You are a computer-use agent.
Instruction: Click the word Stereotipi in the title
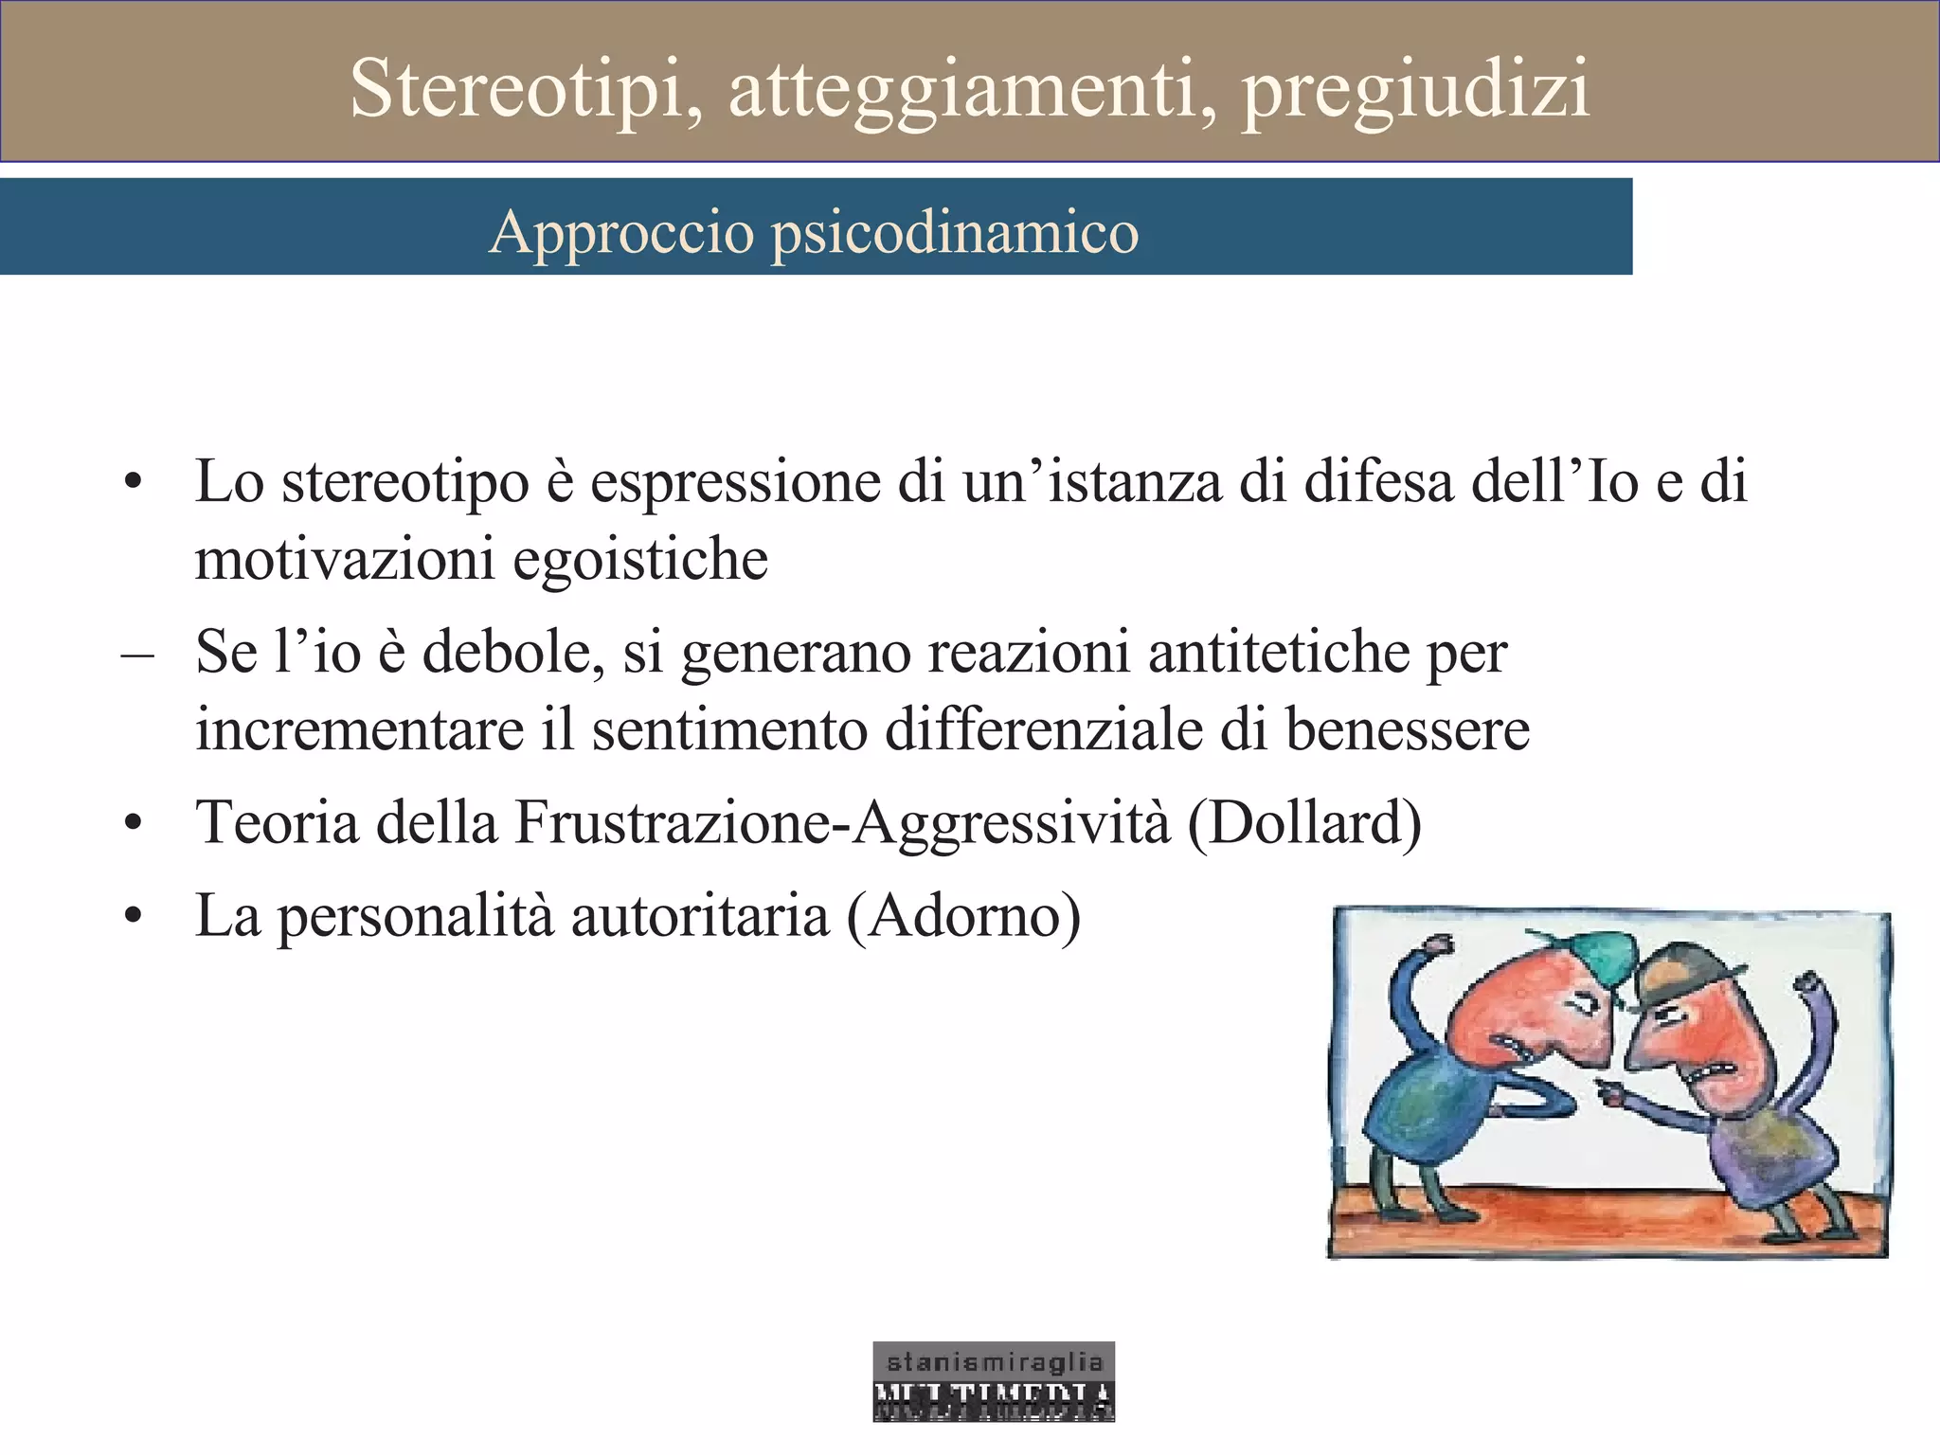pyautogui.click(x=526, y=89)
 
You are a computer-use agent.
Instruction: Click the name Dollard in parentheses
pyautogui.click(x=1304, y=822)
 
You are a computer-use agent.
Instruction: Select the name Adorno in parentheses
pyautogui.click(x=963, y=916)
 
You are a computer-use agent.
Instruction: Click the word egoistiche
pyautogui.click(x=640, y=559)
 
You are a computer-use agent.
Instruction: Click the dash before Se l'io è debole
pyautogui.click(x=137, y=654)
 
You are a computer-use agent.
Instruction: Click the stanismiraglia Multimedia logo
pyautogui.click(x=994, y=1381)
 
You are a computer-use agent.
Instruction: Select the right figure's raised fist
pyautogui.click(x=1807, y=986)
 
